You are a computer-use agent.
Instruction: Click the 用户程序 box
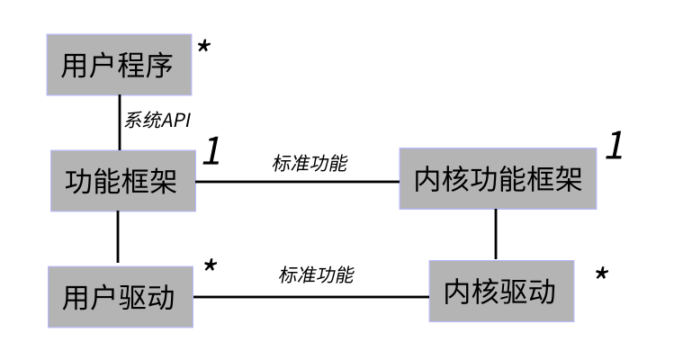tap(118, 65)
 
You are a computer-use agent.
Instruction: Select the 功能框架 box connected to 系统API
tap(120, 182)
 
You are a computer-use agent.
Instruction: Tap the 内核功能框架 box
tap(498, 180)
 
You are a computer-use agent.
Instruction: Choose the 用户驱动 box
tap(120, 296)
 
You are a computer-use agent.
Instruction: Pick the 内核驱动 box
tap(500, 292)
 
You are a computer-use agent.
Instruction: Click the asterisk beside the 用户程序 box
tap(203, 48)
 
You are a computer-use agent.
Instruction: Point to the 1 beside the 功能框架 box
tap(211, 151)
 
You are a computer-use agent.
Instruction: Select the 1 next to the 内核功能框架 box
tap(614, 146)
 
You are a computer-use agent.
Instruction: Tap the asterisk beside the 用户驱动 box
tap(210, 267)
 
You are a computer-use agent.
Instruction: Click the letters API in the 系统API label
tap(175, 121)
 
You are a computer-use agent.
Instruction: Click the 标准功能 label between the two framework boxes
tap(310, 164)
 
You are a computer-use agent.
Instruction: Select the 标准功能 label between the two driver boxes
tap(316, 275)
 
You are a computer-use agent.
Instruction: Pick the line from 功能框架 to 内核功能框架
tap(297, 182)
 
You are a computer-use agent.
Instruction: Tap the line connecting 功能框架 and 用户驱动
tap(119, 238)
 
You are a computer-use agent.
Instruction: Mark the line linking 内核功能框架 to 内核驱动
tap(496, 235)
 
